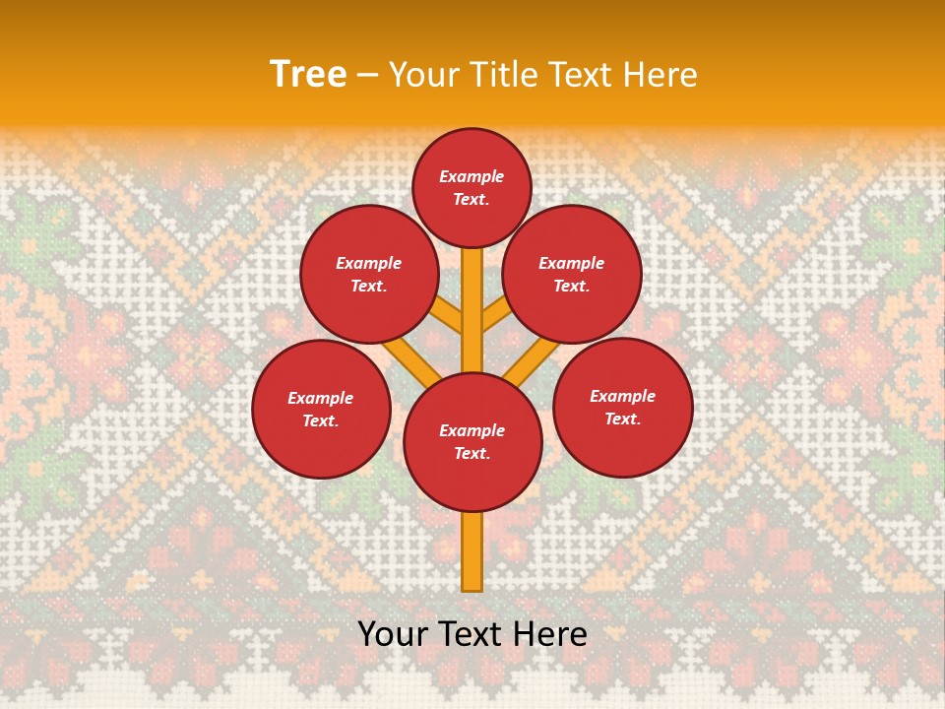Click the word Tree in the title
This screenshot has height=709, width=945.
pos(308,74)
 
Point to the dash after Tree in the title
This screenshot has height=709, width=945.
pos(367,76)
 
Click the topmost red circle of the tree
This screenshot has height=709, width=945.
pos(472,187)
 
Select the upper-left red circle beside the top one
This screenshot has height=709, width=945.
pos(369,274)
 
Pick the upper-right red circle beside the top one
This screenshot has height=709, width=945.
pos(572,274)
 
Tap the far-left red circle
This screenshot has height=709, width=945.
pos(321,409)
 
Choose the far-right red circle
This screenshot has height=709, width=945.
pos(623,407)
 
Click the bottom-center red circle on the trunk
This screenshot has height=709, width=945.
pos(472,441)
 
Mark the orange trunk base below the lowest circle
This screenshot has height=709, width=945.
pos(472,551)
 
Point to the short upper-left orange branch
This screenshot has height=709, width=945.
pos(448,316)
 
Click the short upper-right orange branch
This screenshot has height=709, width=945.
pos(495,315)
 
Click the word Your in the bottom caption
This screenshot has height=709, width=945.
pos(393,634)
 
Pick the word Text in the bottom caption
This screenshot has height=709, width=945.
pos(472,634)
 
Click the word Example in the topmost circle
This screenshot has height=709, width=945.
pos(472,176)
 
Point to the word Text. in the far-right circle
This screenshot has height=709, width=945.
pos(622,419)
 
